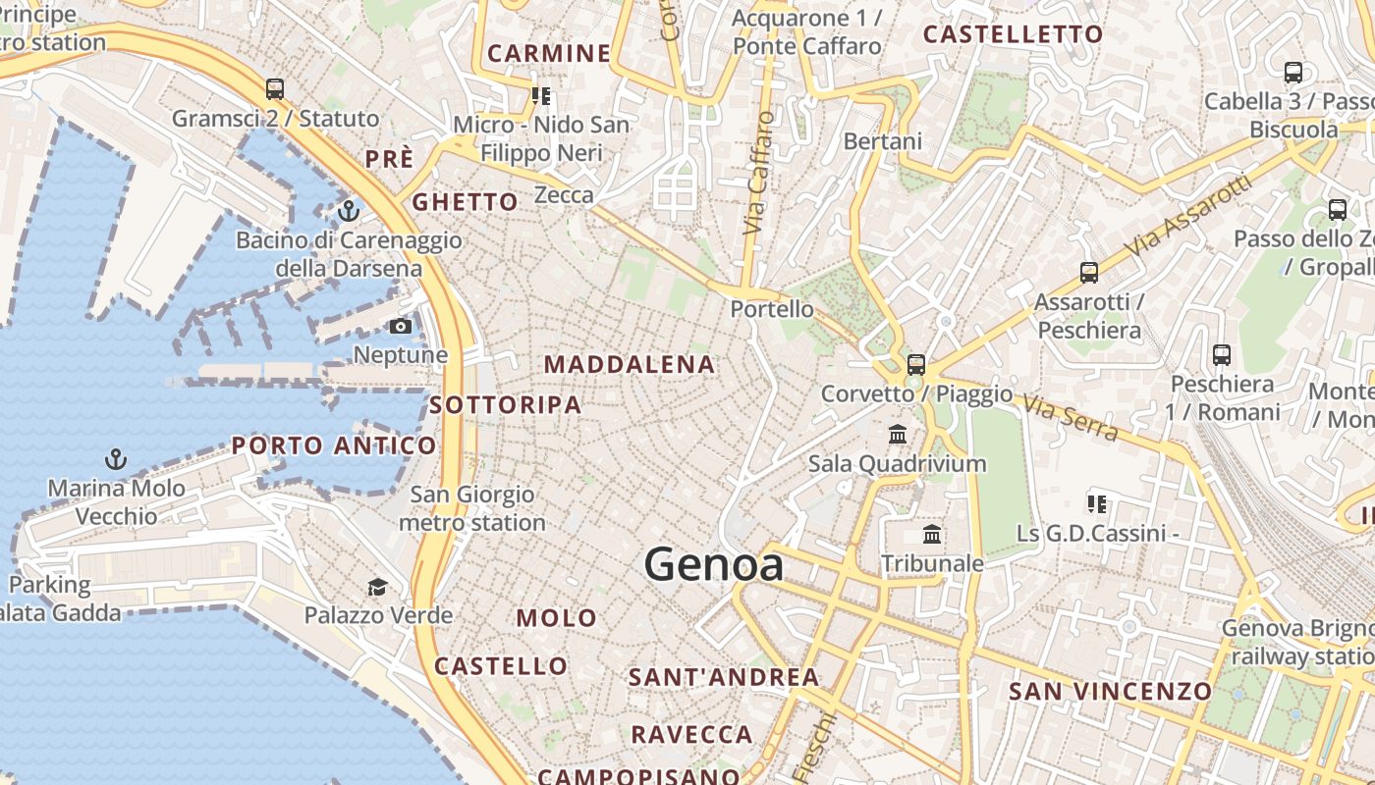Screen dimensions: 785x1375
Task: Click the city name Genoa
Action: click(714, 564)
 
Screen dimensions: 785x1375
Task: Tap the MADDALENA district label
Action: click(630, 365)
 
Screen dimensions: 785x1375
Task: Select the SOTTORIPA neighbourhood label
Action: click(505, 404)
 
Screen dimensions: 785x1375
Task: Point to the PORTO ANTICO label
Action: click(334, 445)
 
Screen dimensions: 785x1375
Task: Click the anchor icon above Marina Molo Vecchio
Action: click(116, 458)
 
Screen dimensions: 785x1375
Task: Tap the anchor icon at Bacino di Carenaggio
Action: click(348, 210)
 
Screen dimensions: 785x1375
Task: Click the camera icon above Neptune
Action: click(400, 326)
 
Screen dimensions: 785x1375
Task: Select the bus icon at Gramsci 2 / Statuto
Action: click(275, 89)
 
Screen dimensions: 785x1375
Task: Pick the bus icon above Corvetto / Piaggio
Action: click(916, 364)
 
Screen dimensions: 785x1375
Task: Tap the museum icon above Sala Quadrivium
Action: click(897, 434)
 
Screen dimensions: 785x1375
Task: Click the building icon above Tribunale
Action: click(932, 534)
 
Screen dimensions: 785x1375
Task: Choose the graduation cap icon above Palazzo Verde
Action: click(377, 587)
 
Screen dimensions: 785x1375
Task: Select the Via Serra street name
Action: click(1070, 416)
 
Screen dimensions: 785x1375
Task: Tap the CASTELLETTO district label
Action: click(1014, 34)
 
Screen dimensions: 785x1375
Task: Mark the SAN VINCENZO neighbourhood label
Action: click(1111, 691)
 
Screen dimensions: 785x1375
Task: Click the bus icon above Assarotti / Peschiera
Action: click(1088, 273)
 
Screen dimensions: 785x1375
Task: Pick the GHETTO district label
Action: click(465, 202)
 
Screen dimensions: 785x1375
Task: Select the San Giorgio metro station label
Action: click(472, 508)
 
